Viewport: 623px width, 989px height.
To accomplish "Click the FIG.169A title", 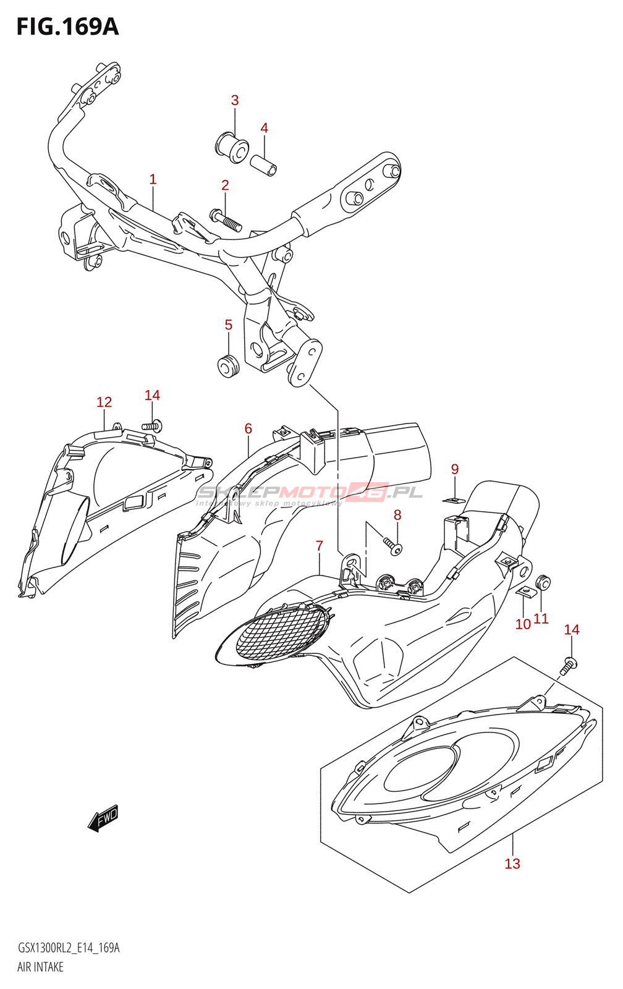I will coord(67,27).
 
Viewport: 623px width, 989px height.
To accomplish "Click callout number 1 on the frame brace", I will coord(153,179).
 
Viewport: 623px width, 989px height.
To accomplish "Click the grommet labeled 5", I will coord(228,366).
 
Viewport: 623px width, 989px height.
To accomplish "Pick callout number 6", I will coord(248,428).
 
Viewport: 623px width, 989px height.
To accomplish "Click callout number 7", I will coord(319,546).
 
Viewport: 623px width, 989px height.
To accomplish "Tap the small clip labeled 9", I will coord(454,499).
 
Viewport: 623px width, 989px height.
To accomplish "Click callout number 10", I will coord(523,624).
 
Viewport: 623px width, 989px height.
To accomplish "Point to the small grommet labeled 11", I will coord(543,582).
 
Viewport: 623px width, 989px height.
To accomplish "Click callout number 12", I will coord(104,402).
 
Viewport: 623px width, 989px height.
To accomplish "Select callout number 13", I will coord(512,864).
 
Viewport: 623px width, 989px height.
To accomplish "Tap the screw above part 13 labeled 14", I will coord(569,666).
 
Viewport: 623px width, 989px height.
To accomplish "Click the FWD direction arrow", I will coord(103,818).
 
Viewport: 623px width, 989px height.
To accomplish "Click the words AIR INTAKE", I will coord(40,967).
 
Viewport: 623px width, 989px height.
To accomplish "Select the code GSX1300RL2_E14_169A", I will coord(68,948).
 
